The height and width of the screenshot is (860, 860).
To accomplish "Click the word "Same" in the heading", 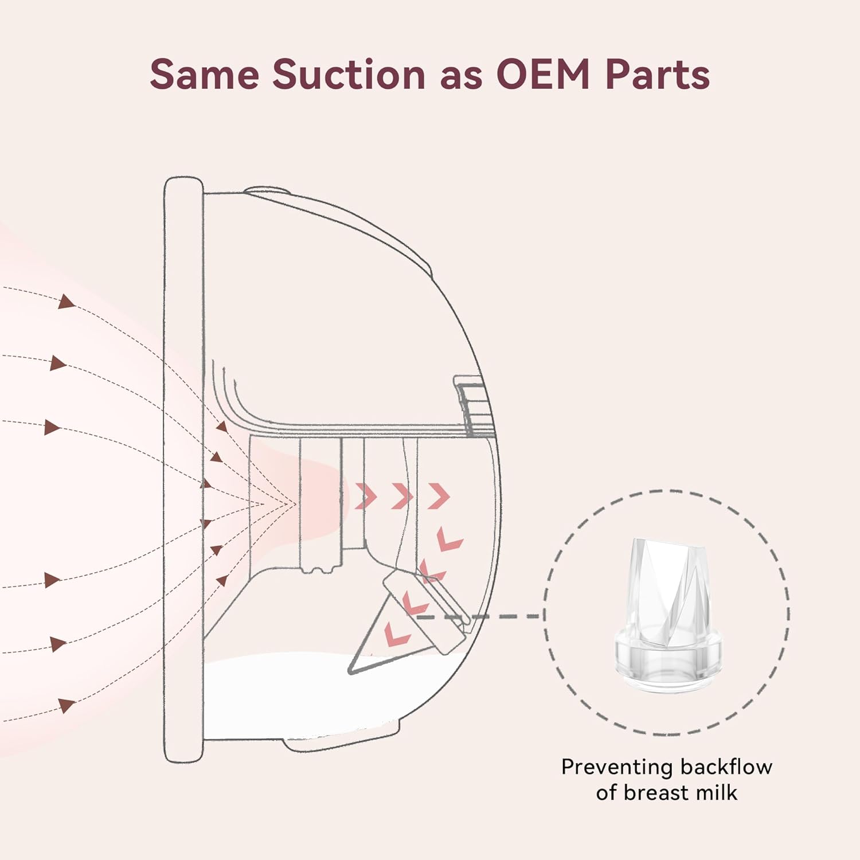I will point(204,75).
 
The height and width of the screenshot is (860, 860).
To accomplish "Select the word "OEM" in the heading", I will point(543,75).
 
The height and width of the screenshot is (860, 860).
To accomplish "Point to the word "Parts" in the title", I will point(657,75).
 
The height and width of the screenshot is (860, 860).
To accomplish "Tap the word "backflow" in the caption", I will point(726,767).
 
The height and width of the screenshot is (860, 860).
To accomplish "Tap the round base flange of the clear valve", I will point(668,659).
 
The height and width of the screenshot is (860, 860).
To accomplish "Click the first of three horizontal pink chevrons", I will point(366,496).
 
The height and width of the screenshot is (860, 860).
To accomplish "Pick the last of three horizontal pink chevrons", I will point(439,496).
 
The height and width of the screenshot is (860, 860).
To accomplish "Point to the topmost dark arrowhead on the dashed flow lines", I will point(67,302).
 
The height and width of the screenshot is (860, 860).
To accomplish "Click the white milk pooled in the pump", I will point(287,694).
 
